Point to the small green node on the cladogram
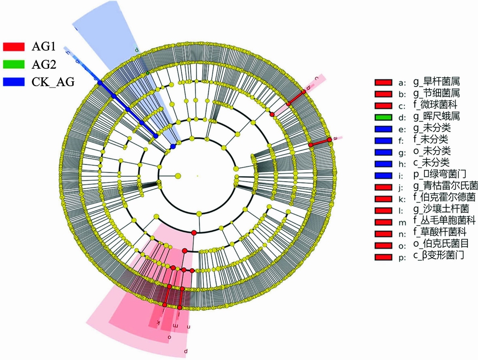click(148, 72)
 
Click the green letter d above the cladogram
click(137, 49)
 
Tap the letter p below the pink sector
click(186, 351)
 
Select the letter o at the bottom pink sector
click(169, 337)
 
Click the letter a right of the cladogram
click(336, 138)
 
